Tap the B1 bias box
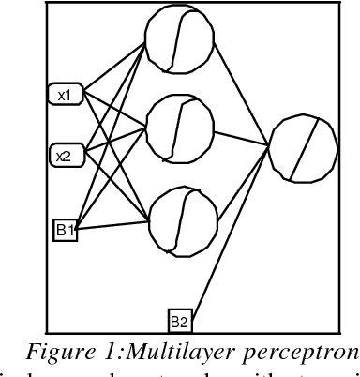64,227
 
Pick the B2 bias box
178,321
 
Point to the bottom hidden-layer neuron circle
178,219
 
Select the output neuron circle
303,148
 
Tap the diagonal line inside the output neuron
303,148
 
